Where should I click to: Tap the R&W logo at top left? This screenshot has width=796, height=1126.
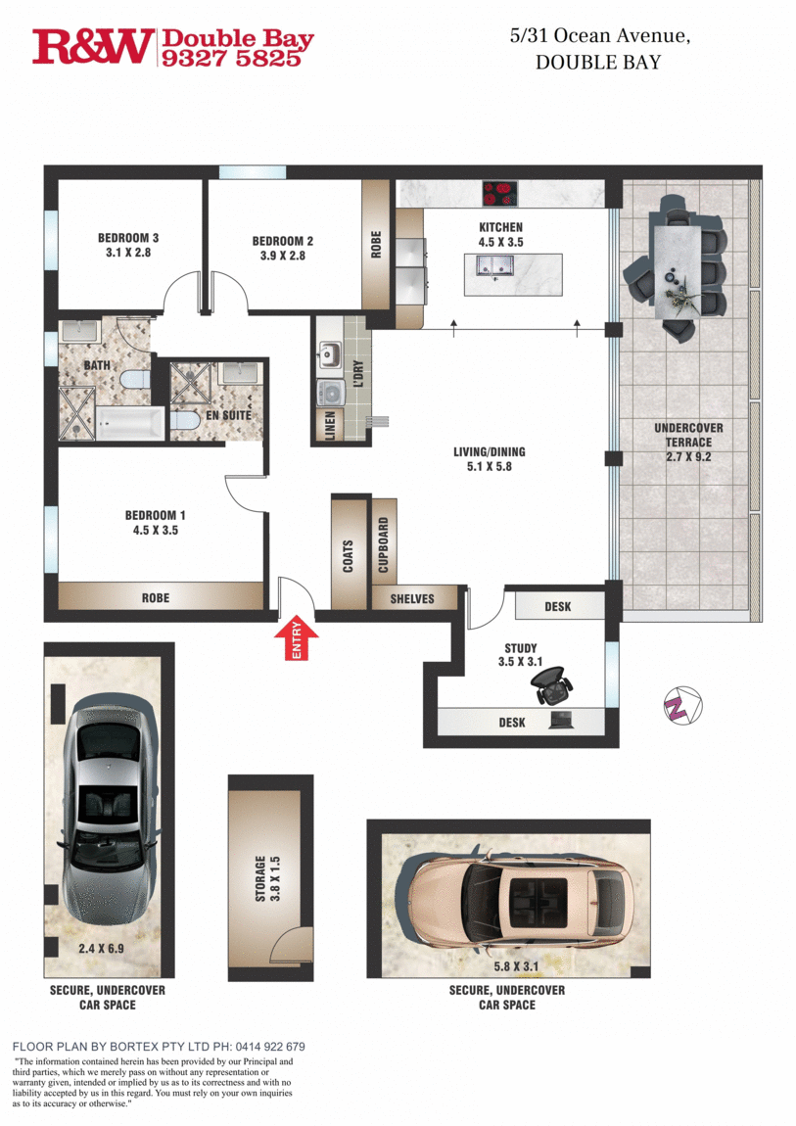pyautogui.click(x=93, y=46)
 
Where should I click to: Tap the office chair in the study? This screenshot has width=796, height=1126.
pyautogui.click(x=554, y=686)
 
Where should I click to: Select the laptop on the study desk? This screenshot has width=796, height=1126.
pyautogui.click(x=562, y=722)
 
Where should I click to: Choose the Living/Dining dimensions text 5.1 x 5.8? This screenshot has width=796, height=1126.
pyautogui.click(x=489, y=467)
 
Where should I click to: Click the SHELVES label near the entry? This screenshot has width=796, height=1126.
pyautogui.click(x=411, y=598)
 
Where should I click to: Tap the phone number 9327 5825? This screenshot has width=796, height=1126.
pyautogui.click(x=236, y=59)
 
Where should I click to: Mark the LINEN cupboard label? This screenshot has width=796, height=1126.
pyautogui.click(x=329, y=425)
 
